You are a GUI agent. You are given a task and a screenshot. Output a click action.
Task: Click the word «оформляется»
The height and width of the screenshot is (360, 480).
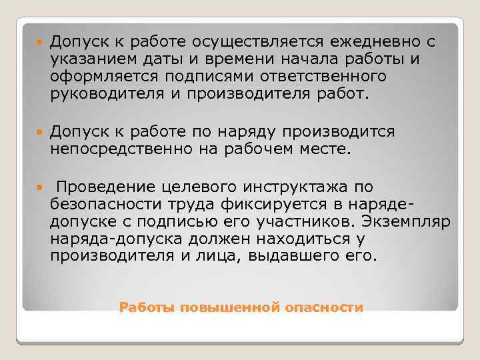tap(93, 77)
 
